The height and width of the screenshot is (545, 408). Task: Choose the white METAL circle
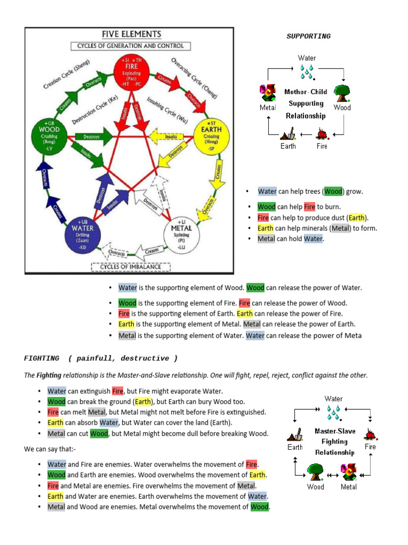pyautogui.click(x=181, y=235)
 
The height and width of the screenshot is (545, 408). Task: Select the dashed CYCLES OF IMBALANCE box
pyautogui.click(x=131, y=267)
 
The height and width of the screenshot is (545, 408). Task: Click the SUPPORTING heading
pyautogui.click(x=308, y=36)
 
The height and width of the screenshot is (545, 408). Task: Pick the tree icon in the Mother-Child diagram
pyautogui.click(x=342, y=93)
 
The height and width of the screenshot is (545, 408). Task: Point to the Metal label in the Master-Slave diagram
pyautogui.click(x=348, y=486)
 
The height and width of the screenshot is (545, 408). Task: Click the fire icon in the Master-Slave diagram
pyautogui.click(x=370, y=433)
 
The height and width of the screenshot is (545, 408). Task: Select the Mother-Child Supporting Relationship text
pyautogui.click(x=305, y=103)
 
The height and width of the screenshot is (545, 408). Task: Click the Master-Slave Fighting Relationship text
pyautogui.click(x=334, y=442)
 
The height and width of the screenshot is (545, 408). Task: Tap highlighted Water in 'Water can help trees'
pyautogui.click(x=267, y=192)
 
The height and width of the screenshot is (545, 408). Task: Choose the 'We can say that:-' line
pyautogui.click(x=49, y=449)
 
